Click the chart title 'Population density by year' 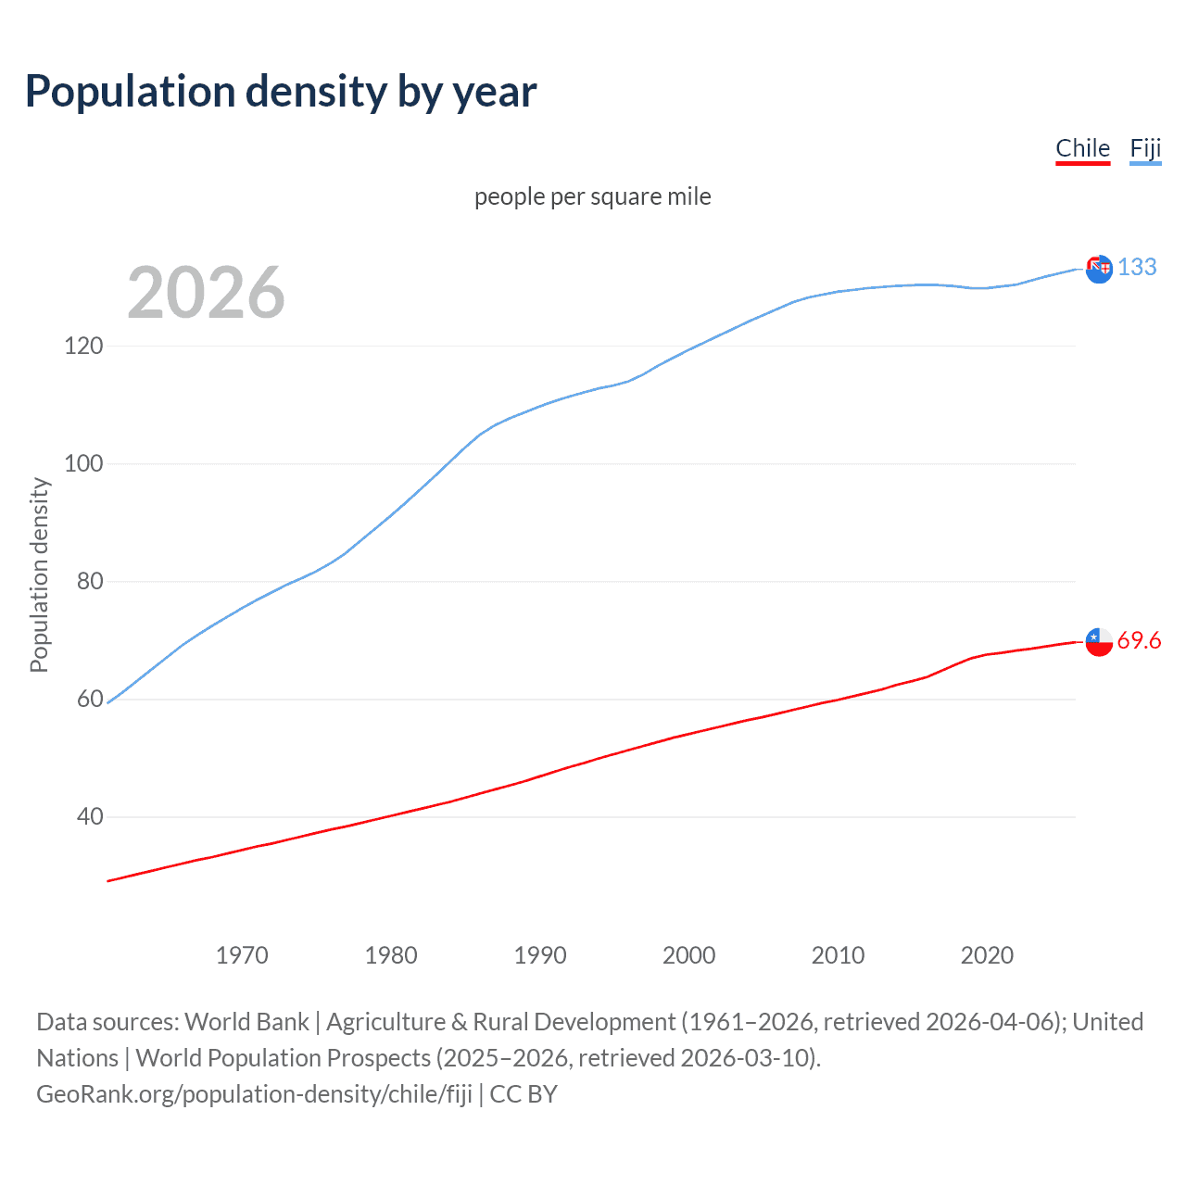(281, 92)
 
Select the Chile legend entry (1082, 149)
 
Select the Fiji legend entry (1145, 149)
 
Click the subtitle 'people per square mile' (592, 196)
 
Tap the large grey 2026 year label (206, 293)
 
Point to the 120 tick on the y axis (83, 346)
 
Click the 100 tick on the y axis (83, 463)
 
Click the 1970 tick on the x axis (242, 955)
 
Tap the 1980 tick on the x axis (391, 955)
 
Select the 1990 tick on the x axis (540, 955)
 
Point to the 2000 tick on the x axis (688, 955)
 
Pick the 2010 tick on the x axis (838, 955)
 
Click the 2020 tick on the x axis (987, 955)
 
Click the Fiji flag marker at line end (1099, 269)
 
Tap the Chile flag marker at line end (1099, 641)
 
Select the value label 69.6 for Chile (1139, 641)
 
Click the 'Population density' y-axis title (39, 574)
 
